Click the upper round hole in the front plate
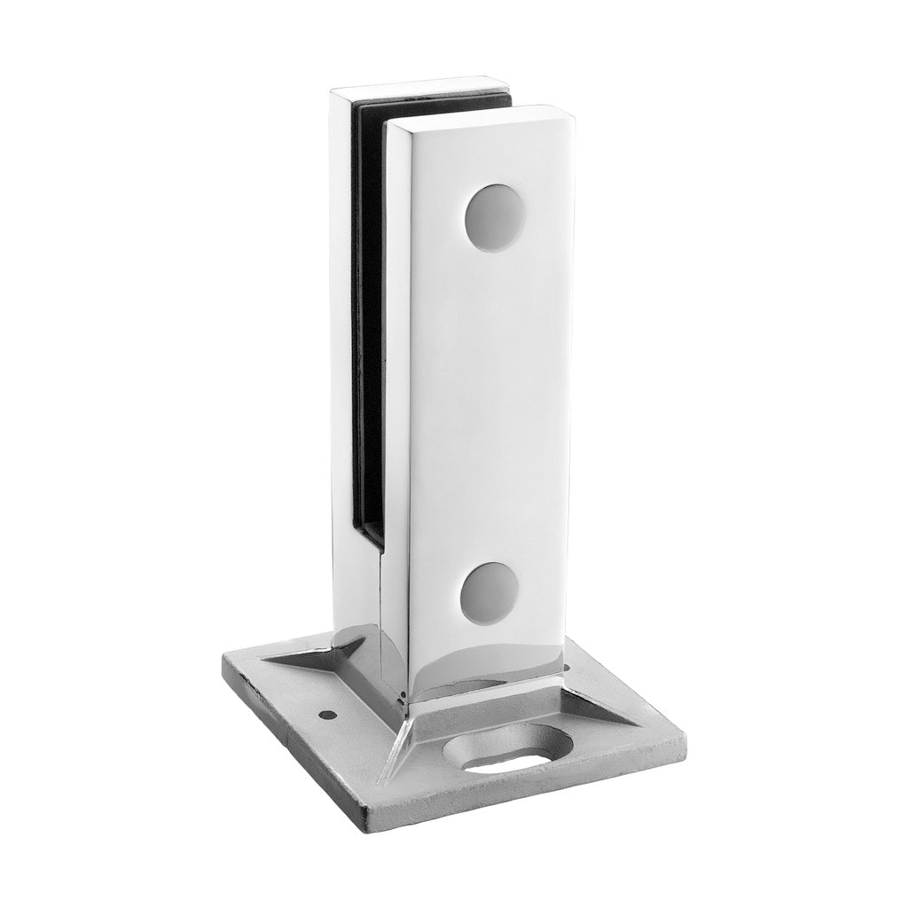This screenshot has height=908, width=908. (x=495, y=217)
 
